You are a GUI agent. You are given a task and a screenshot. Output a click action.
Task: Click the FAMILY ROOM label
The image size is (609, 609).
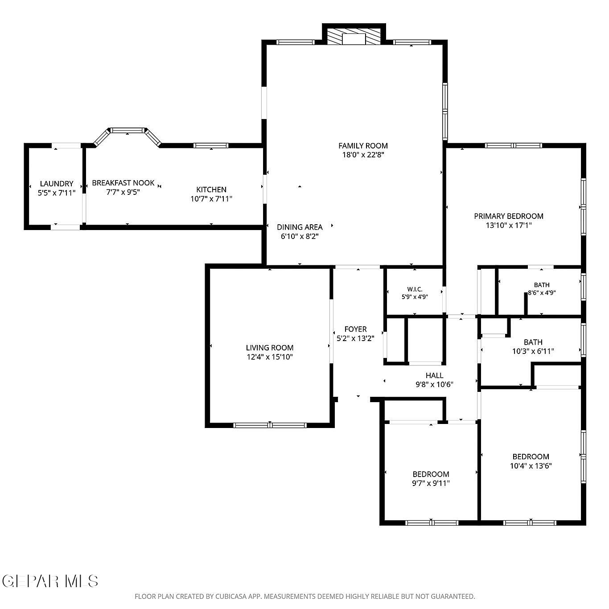tap(363, 146)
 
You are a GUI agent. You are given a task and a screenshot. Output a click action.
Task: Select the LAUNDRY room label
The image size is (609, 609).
tap(57, 184)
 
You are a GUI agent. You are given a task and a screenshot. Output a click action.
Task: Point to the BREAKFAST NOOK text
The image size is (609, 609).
tap(123, 183)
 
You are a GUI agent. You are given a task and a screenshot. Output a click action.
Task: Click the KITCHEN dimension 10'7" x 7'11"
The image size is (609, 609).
tap(211, 199)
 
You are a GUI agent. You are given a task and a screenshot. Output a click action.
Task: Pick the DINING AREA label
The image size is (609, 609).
tap(300, 227)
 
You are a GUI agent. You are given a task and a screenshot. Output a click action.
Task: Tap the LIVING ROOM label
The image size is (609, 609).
tap(270, 348)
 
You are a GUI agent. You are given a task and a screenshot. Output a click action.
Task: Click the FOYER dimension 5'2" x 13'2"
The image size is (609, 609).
tap(355, 338)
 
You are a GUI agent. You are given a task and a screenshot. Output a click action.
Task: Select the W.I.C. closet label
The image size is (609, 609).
tap(415, 289)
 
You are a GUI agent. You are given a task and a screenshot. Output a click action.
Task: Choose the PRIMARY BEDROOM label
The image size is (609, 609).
tap(509, 216)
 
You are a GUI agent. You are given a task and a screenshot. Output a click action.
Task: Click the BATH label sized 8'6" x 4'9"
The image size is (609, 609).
tap(542, 285)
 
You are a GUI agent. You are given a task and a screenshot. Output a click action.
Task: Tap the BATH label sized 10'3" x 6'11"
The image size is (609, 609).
tap(533, 342)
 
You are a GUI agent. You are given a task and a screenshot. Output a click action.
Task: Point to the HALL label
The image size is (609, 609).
tap(434, 375)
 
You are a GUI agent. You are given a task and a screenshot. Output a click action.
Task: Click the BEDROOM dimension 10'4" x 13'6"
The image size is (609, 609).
tap(531, 466)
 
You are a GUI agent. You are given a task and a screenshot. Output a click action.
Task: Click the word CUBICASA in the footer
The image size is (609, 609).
tap(231, 597)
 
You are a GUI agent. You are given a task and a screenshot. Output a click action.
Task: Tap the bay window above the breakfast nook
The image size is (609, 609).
tap(128, 135)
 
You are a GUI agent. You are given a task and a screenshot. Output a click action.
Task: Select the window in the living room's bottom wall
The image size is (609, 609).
tap(270, 425)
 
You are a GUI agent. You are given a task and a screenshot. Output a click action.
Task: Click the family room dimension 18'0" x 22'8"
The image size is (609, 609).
tap(363, 155)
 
